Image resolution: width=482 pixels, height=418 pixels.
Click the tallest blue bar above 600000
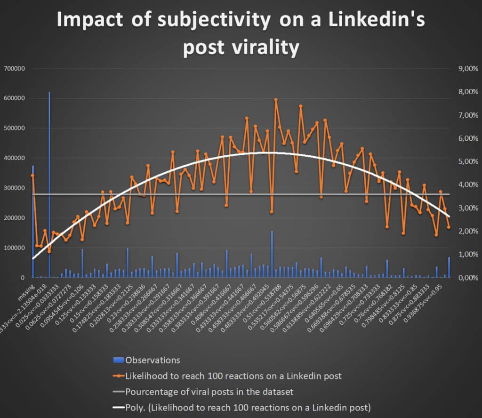[x=49, y=188]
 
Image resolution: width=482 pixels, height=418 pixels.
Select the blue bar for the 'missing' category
[x=33, y=226]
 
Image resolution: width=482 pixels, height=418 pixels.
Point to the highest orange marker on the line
[x=276, y=100]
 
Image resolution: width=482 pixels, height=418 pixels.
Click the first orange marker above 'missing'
[x=32, y=176]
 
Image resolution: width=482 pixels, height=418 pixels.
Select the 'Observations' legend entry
[x=153, y=360]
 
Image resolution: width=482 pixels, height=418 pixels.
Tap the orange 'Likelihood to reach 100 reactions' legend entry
[x=233, y=376]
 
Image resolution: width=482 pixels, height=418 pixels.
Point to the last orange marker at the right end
[x=449, y=227]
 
